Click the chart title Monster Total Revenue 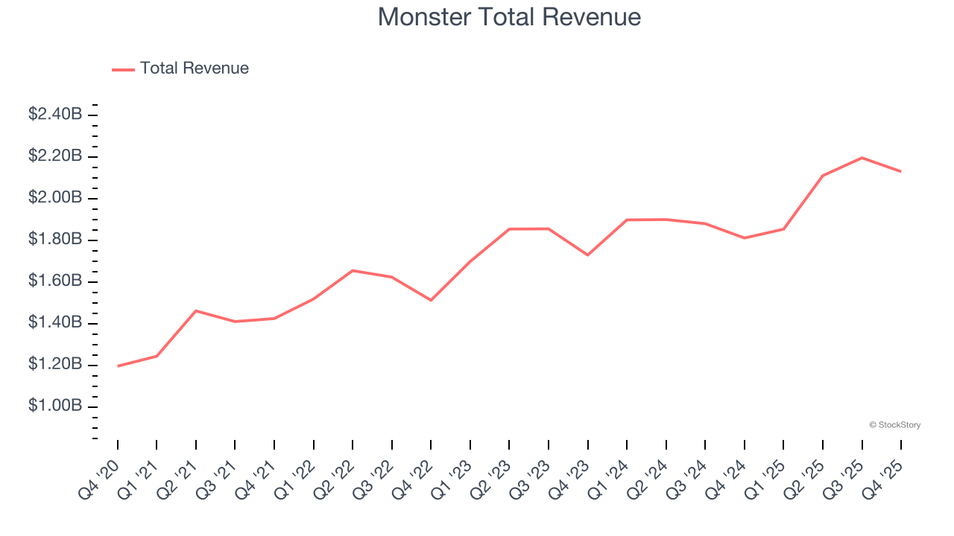(x=509, y=16)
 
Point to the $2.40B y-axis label (x=55, y=115)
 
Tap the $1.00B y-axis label (x=55, y=406)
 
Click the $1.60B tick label (x=55, y=281)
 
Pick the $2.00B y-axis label (x=55, y=198)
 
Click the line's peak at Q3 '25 (x=862, y=158)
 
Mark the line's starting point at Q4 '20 (x=118, y=366)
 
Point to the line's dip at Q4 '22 (x=431, y=300)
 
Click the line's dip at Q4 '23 (x=587, y=255)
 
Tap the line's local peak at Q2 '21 (x=195, y=310)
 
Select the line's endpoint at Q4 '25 (x=901, y=171)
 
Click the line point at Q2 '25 (x=823, y=176)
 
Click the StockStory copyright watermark (x=894, y=425)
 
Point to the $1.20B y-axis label (x=55, y=365)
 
